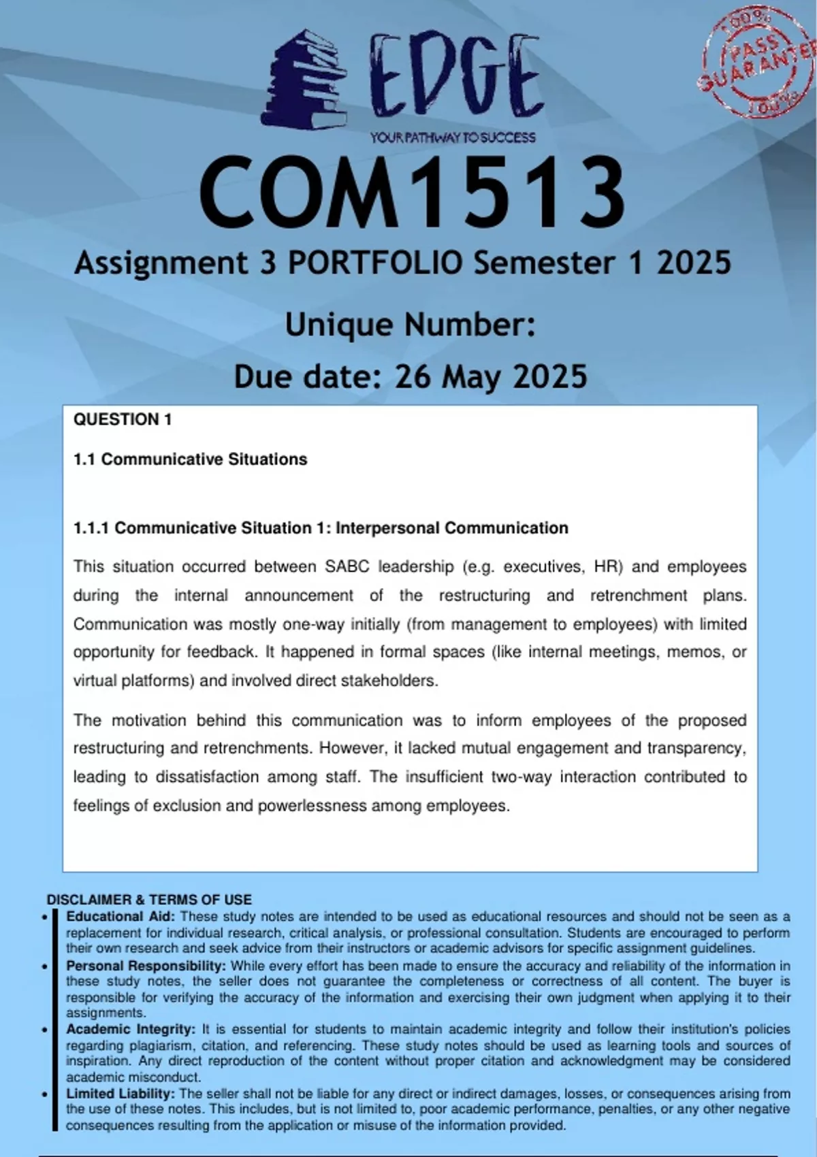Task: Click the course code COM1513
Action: pos(411,193)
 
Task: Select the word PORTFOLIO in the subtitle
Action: pos(375,263)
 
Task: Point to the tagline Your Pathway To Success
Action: pos(453,137)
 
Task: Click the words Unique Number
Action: pos(410,325)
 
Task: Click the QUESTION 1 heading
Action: pos(123,419)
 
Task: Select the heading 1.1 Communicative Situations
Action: pos(190,459)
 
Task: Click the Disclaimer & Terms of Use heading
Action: pos(149,900)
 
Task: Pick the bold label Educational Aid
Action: pos(121,917)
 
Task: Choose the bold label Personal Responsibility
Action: pos(146,966)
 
